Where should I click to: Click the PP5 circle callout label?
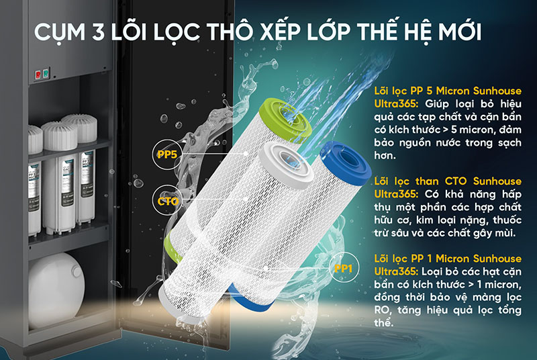coord(167,154)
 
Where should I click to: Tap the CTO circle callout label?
coord(168,201)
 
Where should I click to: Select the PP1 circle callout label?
coord(343,269)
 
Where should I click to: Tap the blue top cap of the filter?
coord(346,163)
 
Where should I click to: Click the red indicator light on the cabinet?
coord(38,75)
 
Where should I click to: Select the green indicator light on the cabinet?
coord(46,73)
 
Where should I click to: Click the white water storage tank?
coord(56,289)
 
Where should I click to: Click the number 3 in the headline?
coord(98,32)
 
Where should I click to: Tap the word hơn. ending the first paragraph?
coord(385,156)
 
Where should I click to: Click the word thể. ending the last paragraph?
coord(383,323)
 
